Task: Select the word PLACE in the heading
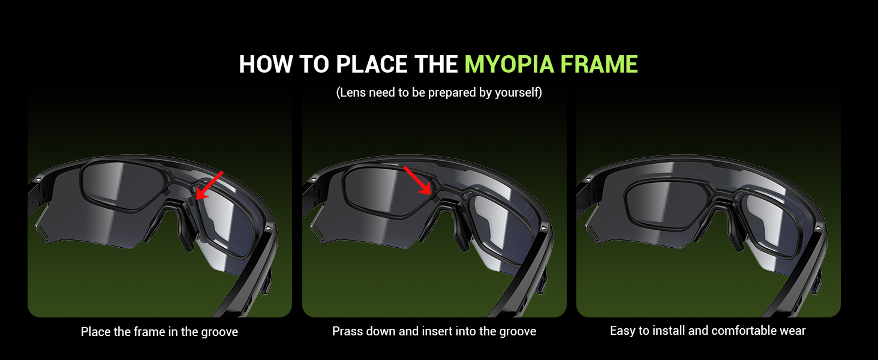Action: pyautogui.click(x=369, y=64)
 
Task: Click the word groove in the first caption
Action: pyautogui.click(x=219, y=332)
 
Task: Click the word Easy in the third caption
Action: pyautogui.click(x=622, y=331)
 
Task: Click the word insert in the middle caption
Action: pyautogui.click(x=441, y=331)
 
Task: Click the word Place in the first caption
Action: pyautogui.click(x=94, y=332)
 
